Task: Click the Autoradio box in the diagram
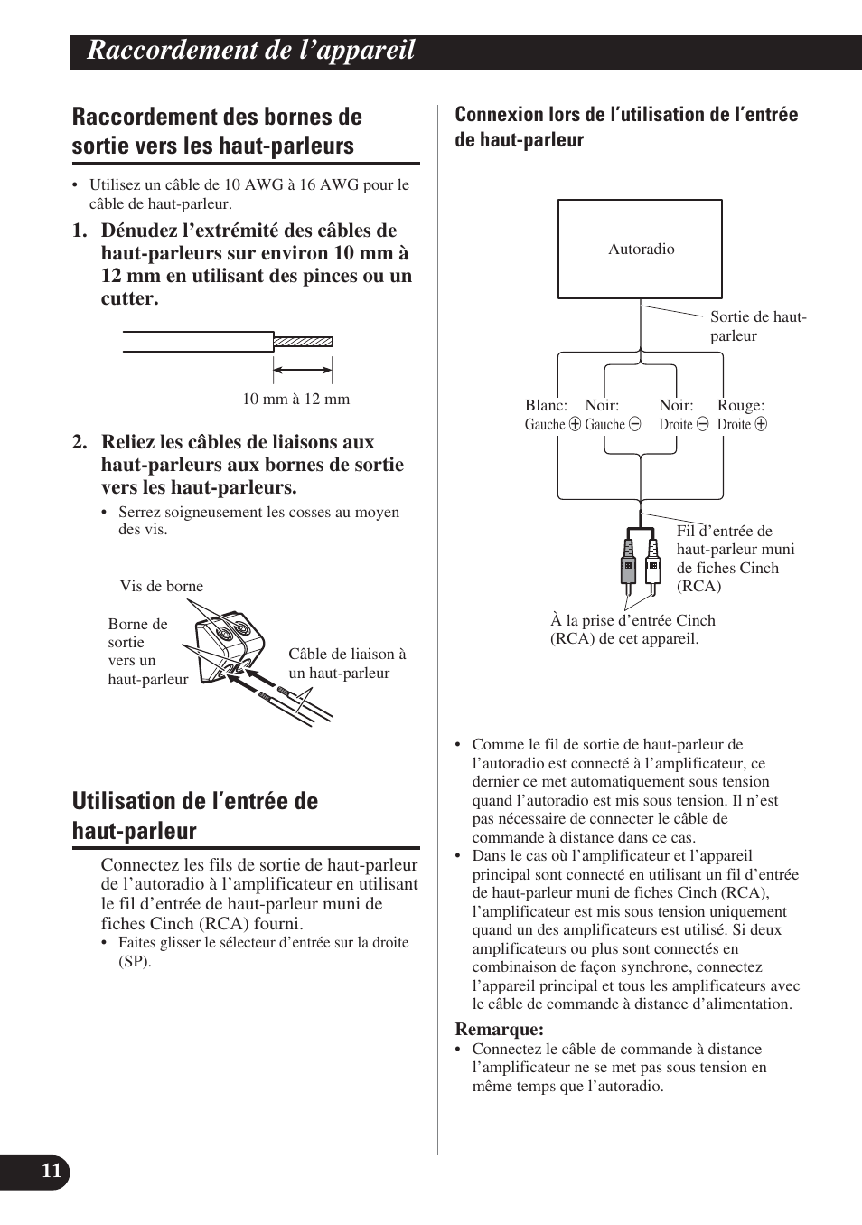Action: [x=640, y=249]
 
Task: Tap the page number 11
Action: [x=52, y=1172]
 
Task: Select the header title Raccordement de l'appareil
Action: [x=251, y=51]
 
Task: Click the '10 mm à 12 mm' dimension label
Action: [x=295, y=399]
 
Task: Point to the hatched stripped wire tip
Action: [x=303, y=342]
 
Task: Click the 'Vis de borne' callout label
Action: [x=162, y=586]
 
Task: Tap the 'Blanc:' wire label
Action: [x=546, y=406]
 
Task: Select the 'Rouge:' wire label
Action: [x=740, y=406]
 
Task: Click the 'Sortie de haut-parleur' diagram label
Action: [x=757, y=325]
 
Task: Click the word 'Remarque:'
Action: [x=499, y=1029]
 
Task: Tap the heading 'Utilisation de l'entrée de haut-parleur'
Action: [x=195, y=815]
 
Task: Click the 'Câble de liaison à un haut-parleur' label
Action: [x=347, y=663]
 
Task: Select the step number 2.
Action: [x=80, y=442]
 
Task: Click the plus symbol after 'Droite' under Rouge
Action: [x=761, y=424]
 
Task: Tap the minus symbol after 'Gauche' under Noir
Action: [x=634, y=424]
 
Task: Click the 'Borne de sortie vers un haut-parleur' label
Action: [x=146, y=651]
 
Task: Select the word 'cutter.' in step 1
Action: [x=130, y=298]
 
